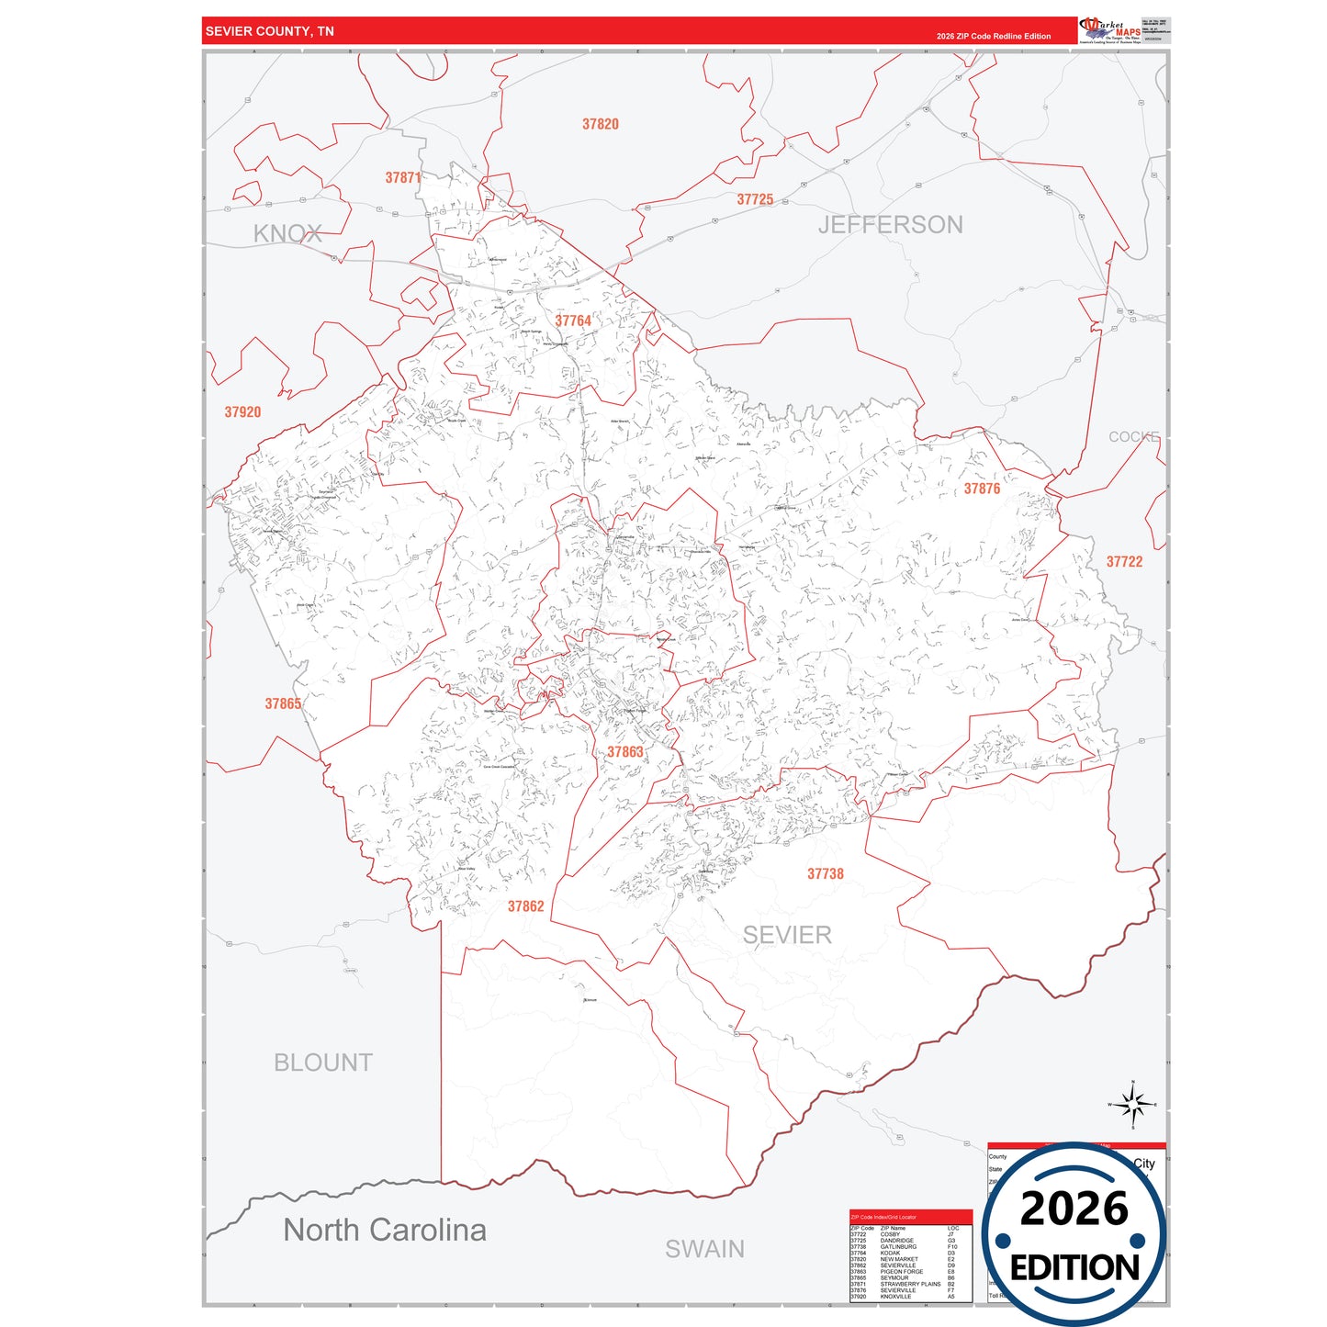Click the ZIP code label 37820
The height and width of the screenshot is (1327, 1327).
click(601, 124)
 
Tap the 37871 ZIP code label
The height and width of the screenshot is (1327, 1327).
click(403, 178)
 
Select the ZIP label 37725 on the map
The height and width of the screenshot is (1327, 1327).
click(755, 199)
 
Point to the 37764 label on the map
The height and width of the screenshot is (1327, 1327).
click(573, 321)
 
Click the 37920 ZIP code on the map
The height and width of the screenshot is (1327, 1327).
click(242, 412)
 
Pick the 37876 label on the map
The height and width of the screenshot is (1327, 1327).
click(982, 489)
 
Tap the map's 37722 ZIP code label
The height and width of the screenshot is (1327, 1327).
click(1124, 562)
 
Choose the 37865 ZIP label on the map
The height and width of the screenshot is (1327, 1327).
click(283, 703)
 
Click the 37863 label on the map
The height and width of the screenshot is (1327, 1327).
click(625, 752)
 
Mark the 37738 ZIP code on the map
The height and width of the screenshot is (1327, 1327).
click(825, 873)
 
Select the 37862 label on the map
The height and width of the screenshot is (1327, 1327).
click(526, 906)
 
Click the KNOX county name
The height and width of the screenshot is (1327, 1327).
click(287, 234)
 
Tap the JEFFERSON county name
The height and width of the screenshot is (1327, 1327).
click(890, 225)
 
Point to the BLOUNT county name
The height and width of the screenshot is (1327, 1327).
click(323, 1063)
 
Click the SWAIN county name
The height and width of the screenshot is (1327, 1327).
click(704, 1249)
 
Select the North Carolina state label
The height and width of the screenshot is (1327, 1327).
click(385, 1230)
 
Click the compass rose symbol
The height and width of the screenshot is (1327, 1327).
click(1132, 1104)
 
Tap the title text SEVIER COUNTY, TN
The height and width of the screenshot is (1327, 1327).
click(270, 31)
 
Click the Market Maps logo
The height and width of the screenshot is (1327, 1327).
click(1110, 30)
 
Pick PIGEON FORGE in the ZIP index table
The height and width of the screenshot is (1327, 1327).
click(901, 1272)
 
